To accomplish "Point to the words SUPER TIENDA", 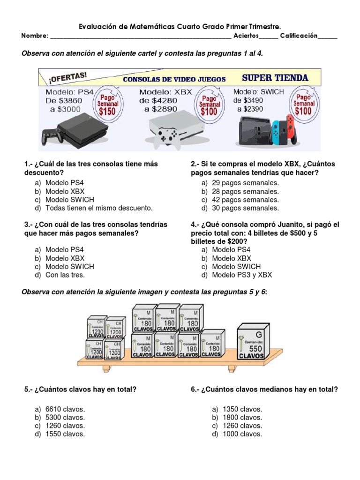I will coord(275,78).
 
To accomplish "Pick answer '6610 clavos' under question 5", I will coord(65,409).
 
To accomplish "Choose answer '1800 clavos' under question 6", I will coord(237,417).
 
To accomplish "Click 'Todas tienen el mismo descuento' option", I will coord(99,208).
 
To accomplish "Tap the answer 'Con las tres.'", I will coord(65,275).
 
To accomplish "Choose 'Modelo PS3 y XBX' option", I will coord(242,275).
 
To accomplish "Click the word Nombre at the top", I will coord(35,36).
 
